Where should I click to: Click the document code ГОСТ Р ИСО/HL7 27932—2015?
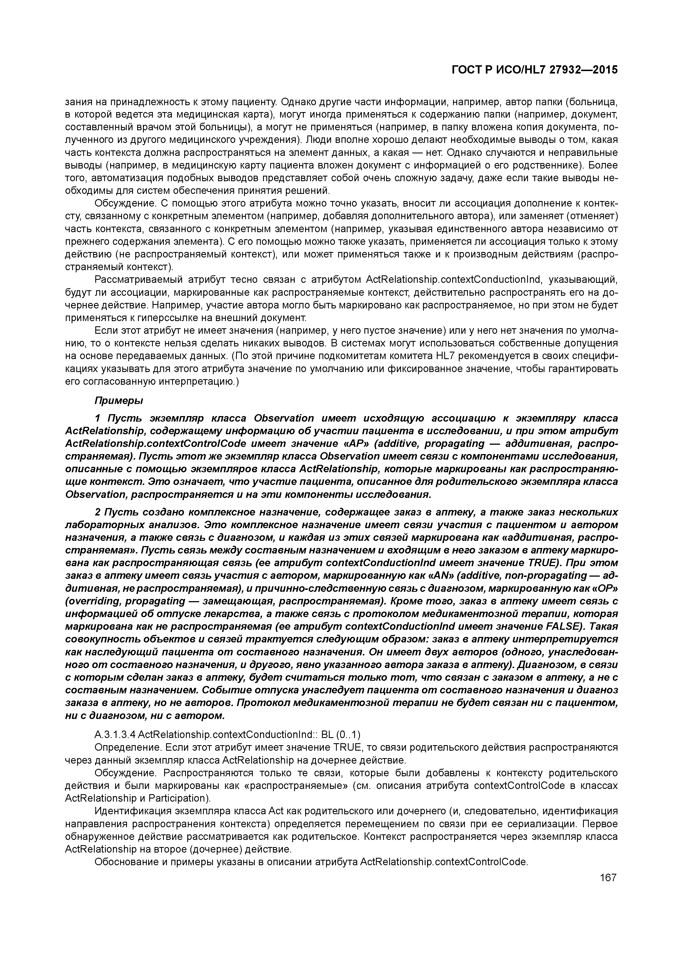click(x=535, y=70)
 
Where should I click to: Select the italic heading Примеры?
click(x=119, y=401)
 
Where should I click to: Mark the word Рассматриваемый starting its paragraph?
click(x=138, y=280)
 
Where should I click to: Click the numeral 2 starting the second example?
click(x=98, y=512)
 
